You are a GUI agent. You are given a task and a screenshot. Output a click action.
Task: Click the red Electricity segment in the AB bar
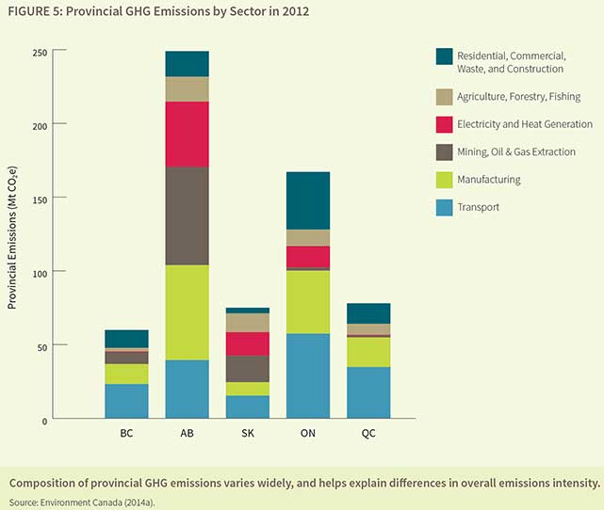[187, 134]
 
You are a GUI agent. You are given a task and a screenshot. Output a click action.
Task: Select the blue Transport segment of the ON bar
[308, 375]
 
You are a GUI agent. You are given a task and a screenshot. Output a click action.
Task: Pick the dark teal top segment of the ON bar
[308, 200]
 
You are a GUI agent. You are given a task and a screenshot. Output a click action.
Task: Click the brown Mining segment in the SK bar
[247, 368]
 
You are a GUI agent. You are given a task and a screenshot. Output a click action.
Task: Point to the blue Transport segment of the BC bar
[126, 401]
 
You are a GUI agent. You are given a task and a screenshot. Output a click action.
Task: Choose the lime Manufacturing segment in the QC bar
[368, 352]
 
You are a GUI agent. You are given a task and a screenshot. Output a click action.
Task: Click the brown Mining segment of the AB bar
[187, 215]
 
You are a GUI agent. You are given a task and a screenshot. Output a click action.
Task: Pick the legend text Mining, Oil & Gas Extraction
[515, 151]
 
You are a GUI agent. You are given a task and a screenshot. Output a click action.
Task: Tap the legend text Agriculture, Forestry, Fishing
[518, 97]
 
